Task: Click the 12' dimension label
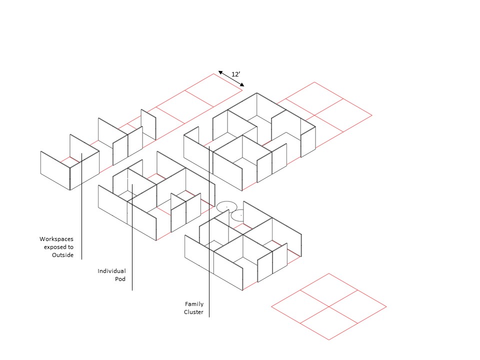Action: tap(236, 74)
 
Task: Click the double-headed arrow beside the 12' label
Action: tap(231, 78)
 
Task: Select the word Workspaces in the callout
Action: tap(56, 239)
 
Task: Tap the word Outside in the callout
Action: tap(62, 255)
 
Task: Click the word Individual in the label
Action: tap(111, 271)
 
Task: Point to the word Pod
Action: tap(120, 279)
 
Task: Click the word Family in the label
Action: tap(194, 304)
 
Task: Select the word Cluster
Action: tap(194, 312)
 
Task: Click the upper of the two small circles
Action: tap(226, 206)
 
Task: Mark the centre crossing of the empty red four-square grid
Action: tap(329, 306)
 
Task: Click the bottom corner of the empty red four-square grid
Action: tap(329, 340)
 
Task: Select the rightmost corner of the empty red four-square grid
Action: tap(386, 306)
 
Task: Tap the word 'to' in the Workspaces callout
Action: tap(70, 247)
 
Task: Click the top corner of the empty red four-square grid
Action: tap(329, 273)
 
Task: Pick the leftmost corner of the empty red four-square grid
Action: tap(271, 306)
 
